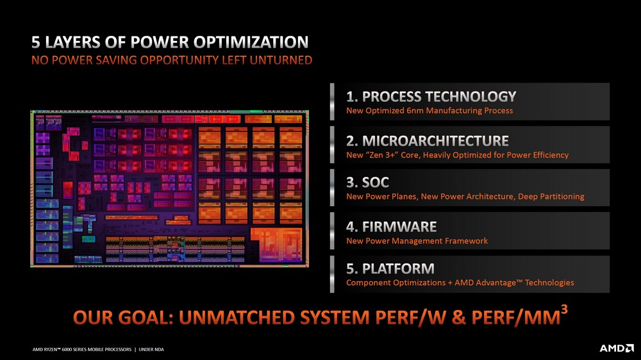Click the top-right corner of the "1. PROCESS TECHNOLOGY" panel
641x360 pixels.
tap(610, 83)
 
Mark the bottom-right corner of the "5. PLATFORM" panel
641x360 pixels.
tap(610, 293)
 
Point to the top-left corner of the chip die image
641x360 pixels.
tap(31, 110)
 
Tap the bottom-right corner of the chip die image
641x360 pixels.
tap(309, 267)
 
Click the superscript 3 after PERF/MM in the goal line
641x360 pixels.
tap(564, 310)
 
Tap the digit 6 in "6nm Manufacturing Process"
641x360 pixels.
tap(409, 111)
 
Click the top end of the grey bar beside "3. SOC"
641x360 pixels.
tap(332, 170)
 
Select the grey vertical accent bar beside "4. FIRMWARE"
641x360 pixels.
tap(332, 231)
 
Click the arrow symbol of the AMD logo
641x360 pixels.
tap(629, 348)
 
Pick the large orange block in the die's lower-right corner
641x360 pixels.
tap(277, 244)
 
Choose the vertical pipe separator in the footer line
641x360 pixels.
tap(135, 350)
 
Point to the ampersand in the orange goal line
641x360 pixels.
tap(459, 318)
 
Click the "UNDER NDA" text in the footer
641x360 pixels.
tap(151, 350)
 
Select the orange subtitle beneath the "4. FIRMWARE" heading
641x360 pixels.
tap(417, 241)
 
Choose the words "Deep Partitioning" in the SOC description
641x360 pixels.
tap(551, 197)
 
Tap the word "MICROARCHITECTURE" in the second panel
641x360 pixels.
tap(435, 141)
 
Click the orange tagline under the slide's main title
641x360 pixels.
tap(172, 60)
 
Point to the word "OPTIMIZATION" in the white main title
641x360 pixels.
tap(251, 42)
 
